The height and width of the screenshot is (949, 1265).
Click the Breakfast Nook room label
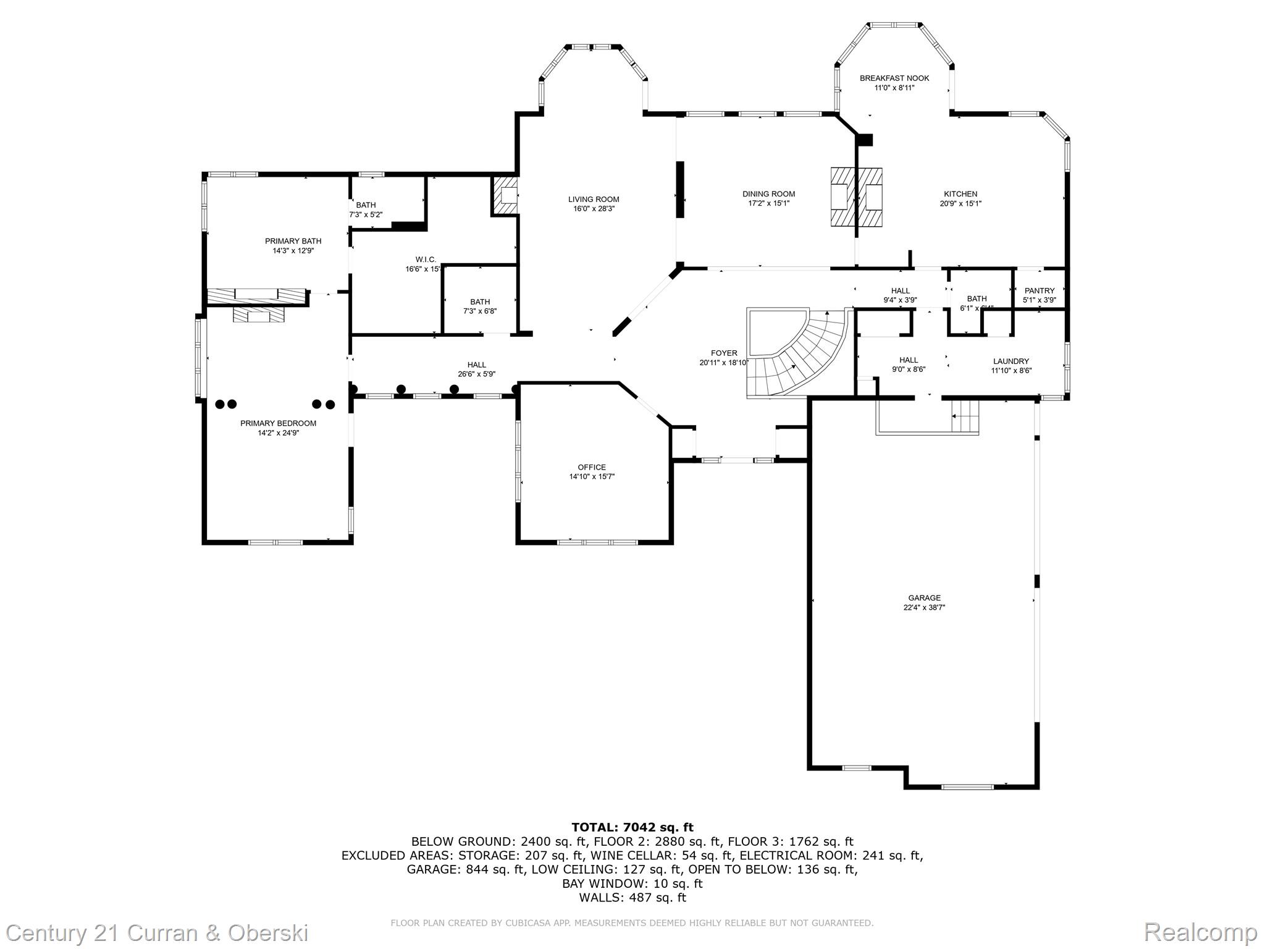(894, 78)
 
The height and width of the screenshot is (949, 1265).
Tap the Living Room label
(594, 199)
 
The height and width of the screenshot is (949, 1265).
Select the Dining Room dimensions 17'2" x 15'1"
(768, 203)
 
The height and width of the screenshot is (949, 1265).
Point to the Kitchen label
(960, 194)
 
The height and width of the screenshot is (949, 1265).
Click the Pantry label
(1040, 290)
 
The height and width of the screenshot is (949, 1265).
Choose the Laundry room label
(1011, 361)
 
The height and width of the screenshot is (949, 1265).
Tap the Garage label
(924, 597)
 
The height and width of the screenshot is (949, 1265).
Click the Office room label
(592, 467)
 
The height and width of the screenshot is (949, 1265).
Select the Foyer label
(724, 353)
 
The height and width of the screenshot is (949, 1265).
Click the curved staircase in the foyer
(803, 358)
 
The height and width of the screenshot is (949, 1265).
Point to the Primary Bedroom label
(278, 423)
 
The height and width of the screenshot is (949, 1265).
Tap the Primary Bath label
(293, 241)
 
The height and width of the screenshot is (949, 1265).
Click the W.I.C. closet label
(426, 259)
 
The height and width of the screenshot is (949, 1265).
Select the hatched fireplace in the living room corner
(505, 196)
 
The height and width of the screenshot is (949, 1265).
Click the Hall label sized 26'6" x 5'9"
(476, 365)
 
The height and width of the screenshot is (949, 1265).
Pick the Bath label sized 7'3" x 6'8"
(480, 302)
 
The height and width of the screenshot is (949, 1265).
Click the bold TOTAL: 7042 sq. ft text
(632, 827)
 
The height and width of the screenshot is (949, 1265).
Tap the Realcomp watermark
(1200, 932)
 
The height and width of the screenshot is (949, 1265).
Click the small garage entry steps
(965, 416)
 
